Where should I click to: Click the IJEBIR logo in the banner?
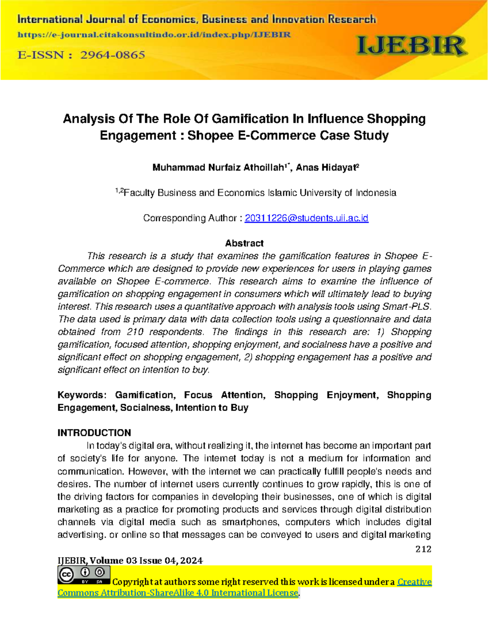(x=411, y=46)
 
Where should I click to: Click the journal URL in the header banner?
(x=154, y=35)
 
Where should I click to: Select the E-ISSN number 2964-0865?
(x=112, y=55)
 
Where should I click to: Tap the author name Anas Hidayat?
(x=326, y=168)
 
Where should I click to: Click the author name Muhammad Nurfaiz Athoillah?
(x=218, y=168)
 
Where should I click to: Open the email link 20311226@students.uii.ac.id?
(x=306, y=218)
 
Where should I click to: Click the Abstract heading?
(x=244, y=243)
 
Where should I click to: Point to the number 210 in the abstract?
(x=134, y=332)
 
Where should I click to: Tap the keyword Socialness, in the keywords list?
(x=146, y=408)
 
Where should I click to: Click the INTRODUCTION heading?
(x=94, y=433)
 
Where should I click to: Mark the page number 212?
(x=423, y=549)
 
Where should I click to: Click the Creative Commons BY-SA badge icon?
(x=84, y=575)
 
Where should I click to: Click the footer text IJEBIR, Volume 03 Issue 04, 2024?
(x=130, y=561)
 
